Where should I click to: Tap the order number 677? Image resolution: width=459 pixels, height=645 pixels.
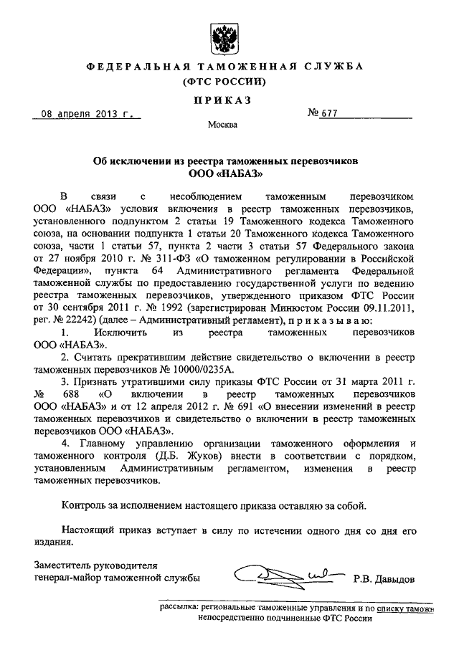(331, 113)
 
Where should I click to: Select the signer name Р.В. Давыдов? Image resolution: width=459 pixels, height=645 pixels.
(384, 578)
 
